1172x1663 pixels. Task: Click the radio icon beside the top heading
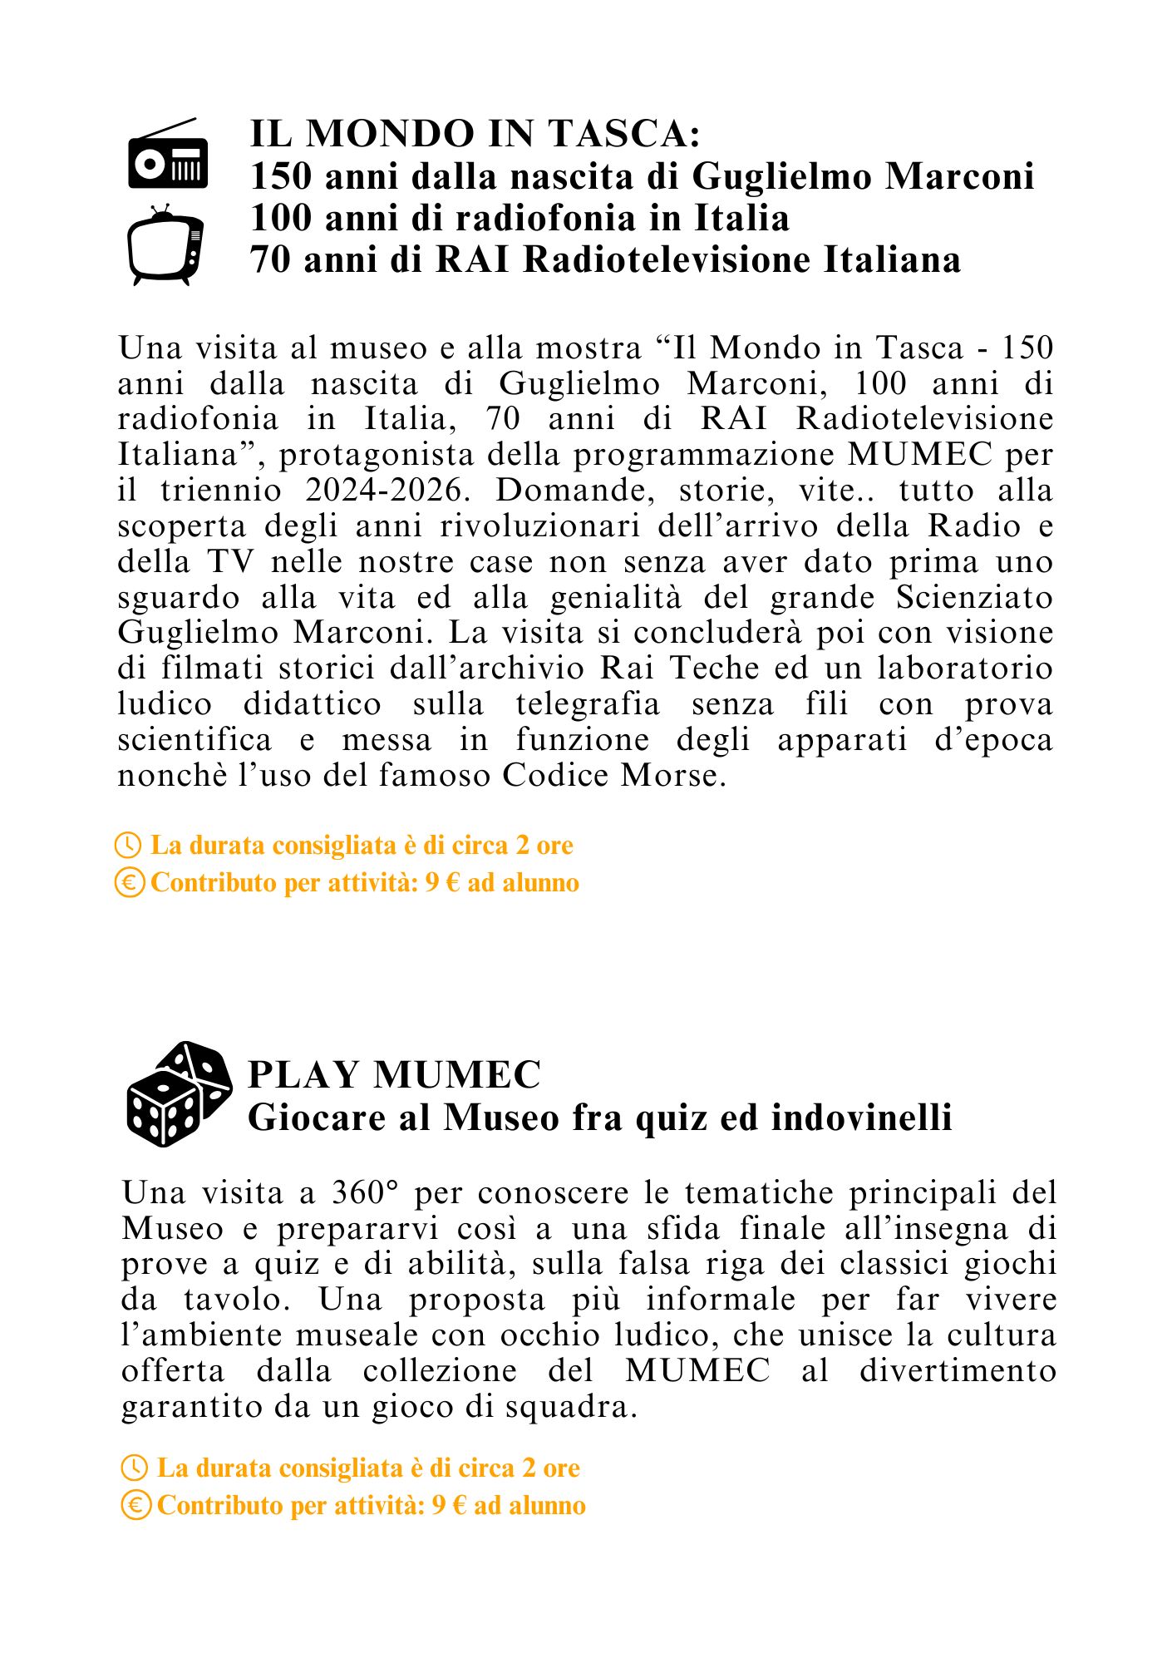coord(168,155)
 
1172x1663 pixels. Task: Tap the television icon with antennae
coord(165,246)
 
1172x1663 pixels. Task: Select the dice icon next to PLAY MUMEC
coord(179,1093)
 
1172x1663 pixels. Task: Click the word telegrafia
coord(588,704)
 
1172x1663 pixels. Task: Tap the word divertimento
coord(958,1371)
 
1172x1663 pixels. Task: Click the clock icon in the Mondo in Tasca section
coord(128,846)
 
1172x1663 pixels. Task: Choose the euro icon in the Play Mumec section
coord(135,1506)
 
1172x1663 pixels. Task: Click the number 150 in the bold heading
coord(281,176)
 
